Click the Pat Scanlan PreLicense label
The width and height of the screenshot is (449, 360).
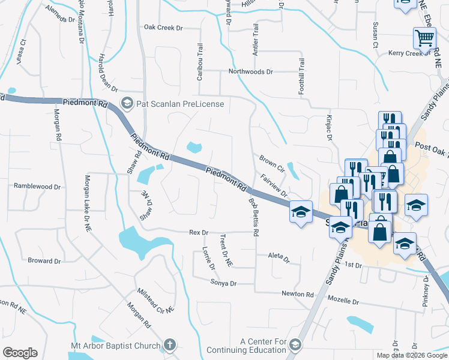pos(180,104)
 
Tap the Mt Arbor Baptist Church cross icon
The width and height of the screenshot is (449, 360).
pos(169,345)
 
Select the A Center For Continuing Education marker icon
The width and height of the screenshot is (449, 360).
pos(295,344)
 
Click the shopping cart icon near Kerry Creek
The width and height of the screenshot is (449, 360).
pos(424,39)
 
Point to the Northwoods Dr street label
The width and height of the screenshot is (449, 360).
pos(250,71)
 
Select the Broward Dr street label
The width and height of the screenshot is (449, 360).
pos(44,260)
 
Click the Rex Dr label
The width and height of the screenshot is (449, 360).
pos(198,232)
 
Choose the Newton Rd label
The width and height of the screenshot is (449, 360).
pos(298,294)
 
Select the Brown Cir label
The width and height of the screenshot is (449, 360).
pos(271,162)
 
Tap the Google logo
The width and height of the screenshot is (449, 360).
pos(20,353)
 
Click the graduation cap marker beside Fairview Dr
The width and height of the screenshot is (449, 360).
pos(301,211)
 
